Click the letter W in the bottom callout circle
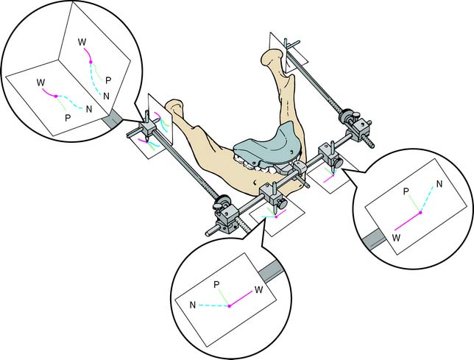point(258,289)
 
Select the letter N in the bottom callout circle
point(193,305)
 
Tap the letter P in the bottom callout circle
point(216,284)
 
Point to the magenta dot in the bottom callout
point(229,306)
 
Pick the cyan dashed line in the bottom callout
point(213,306)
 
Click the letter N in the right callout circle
point(439,183)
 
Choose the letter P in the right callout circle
point(406,191)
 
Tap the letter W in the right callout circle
point(396,238)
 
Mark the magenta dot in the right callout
point(420,213)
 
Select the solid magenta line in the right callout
point(407,222)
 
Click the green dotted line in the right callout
point(414,204)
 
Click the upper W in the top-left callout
point(82,42)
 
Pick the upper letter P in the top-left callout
point(108,80)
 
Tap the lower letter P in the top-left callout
point(68,118)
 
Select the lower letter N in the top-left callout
point(89,109)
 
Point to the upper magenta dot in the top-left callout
point(91,62)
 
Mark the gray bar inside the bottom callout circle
point(270,270)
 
